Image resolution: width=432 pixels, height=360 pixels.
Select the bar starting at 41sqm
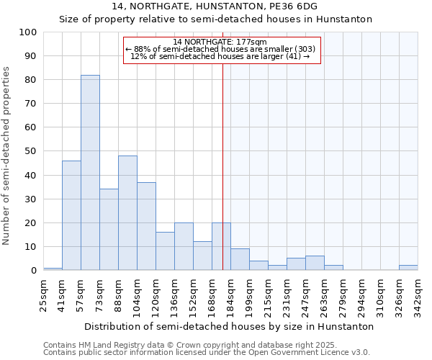(71, 215)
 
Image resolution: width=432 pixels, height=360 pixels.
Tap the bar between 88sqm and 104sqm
(127, 213)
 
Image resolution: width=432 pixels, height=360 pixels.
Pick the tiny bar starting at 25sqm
(53, 269)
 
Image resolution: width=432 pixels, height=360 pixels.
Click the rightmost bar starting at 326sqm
(408, 268)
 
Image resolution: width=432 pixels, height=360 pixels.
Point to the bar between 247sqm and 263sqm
(315, 264)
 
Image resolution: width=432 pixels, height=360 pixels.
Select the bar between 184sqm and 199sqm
(240, 260)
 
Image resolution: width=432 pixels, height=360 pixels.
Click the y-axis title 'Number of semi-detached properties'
(6, 156)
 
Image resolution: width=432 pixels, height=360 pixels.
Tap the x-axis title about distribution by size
(229, 326)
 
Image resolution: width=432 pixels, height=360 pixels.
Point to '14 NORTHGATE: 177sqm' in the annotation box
(220, 42)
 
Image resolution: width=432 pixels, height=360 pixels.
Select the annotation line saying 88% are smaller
(220, 49)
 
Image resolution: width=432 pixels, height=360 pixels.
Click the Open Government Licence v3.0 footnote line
(207, 353)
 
